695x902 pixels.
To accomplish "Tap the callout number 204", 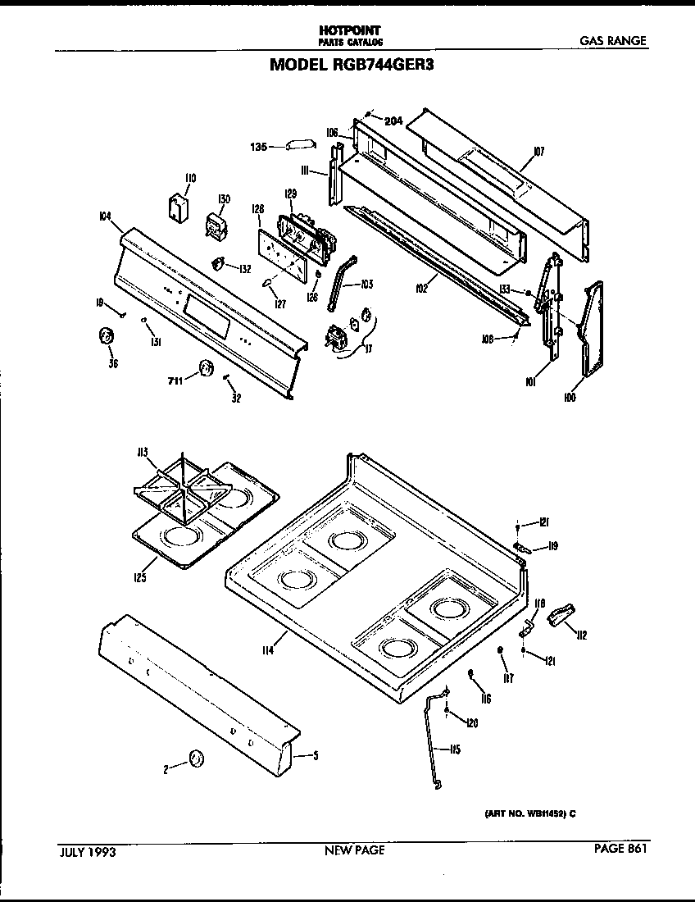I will tap(393, 121).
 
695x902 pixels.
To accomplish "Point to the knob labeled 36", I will tap(106, 336).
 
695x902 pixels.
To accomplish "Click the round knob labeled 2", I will tap(195, 759).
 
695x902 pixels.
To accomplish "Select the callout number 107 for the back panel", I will tap(538, 151).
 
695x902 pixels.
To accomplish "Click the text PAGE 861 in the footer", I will tap(620, 850).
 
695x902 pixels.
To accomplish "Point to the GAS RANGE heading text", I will tap(613, 41).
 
